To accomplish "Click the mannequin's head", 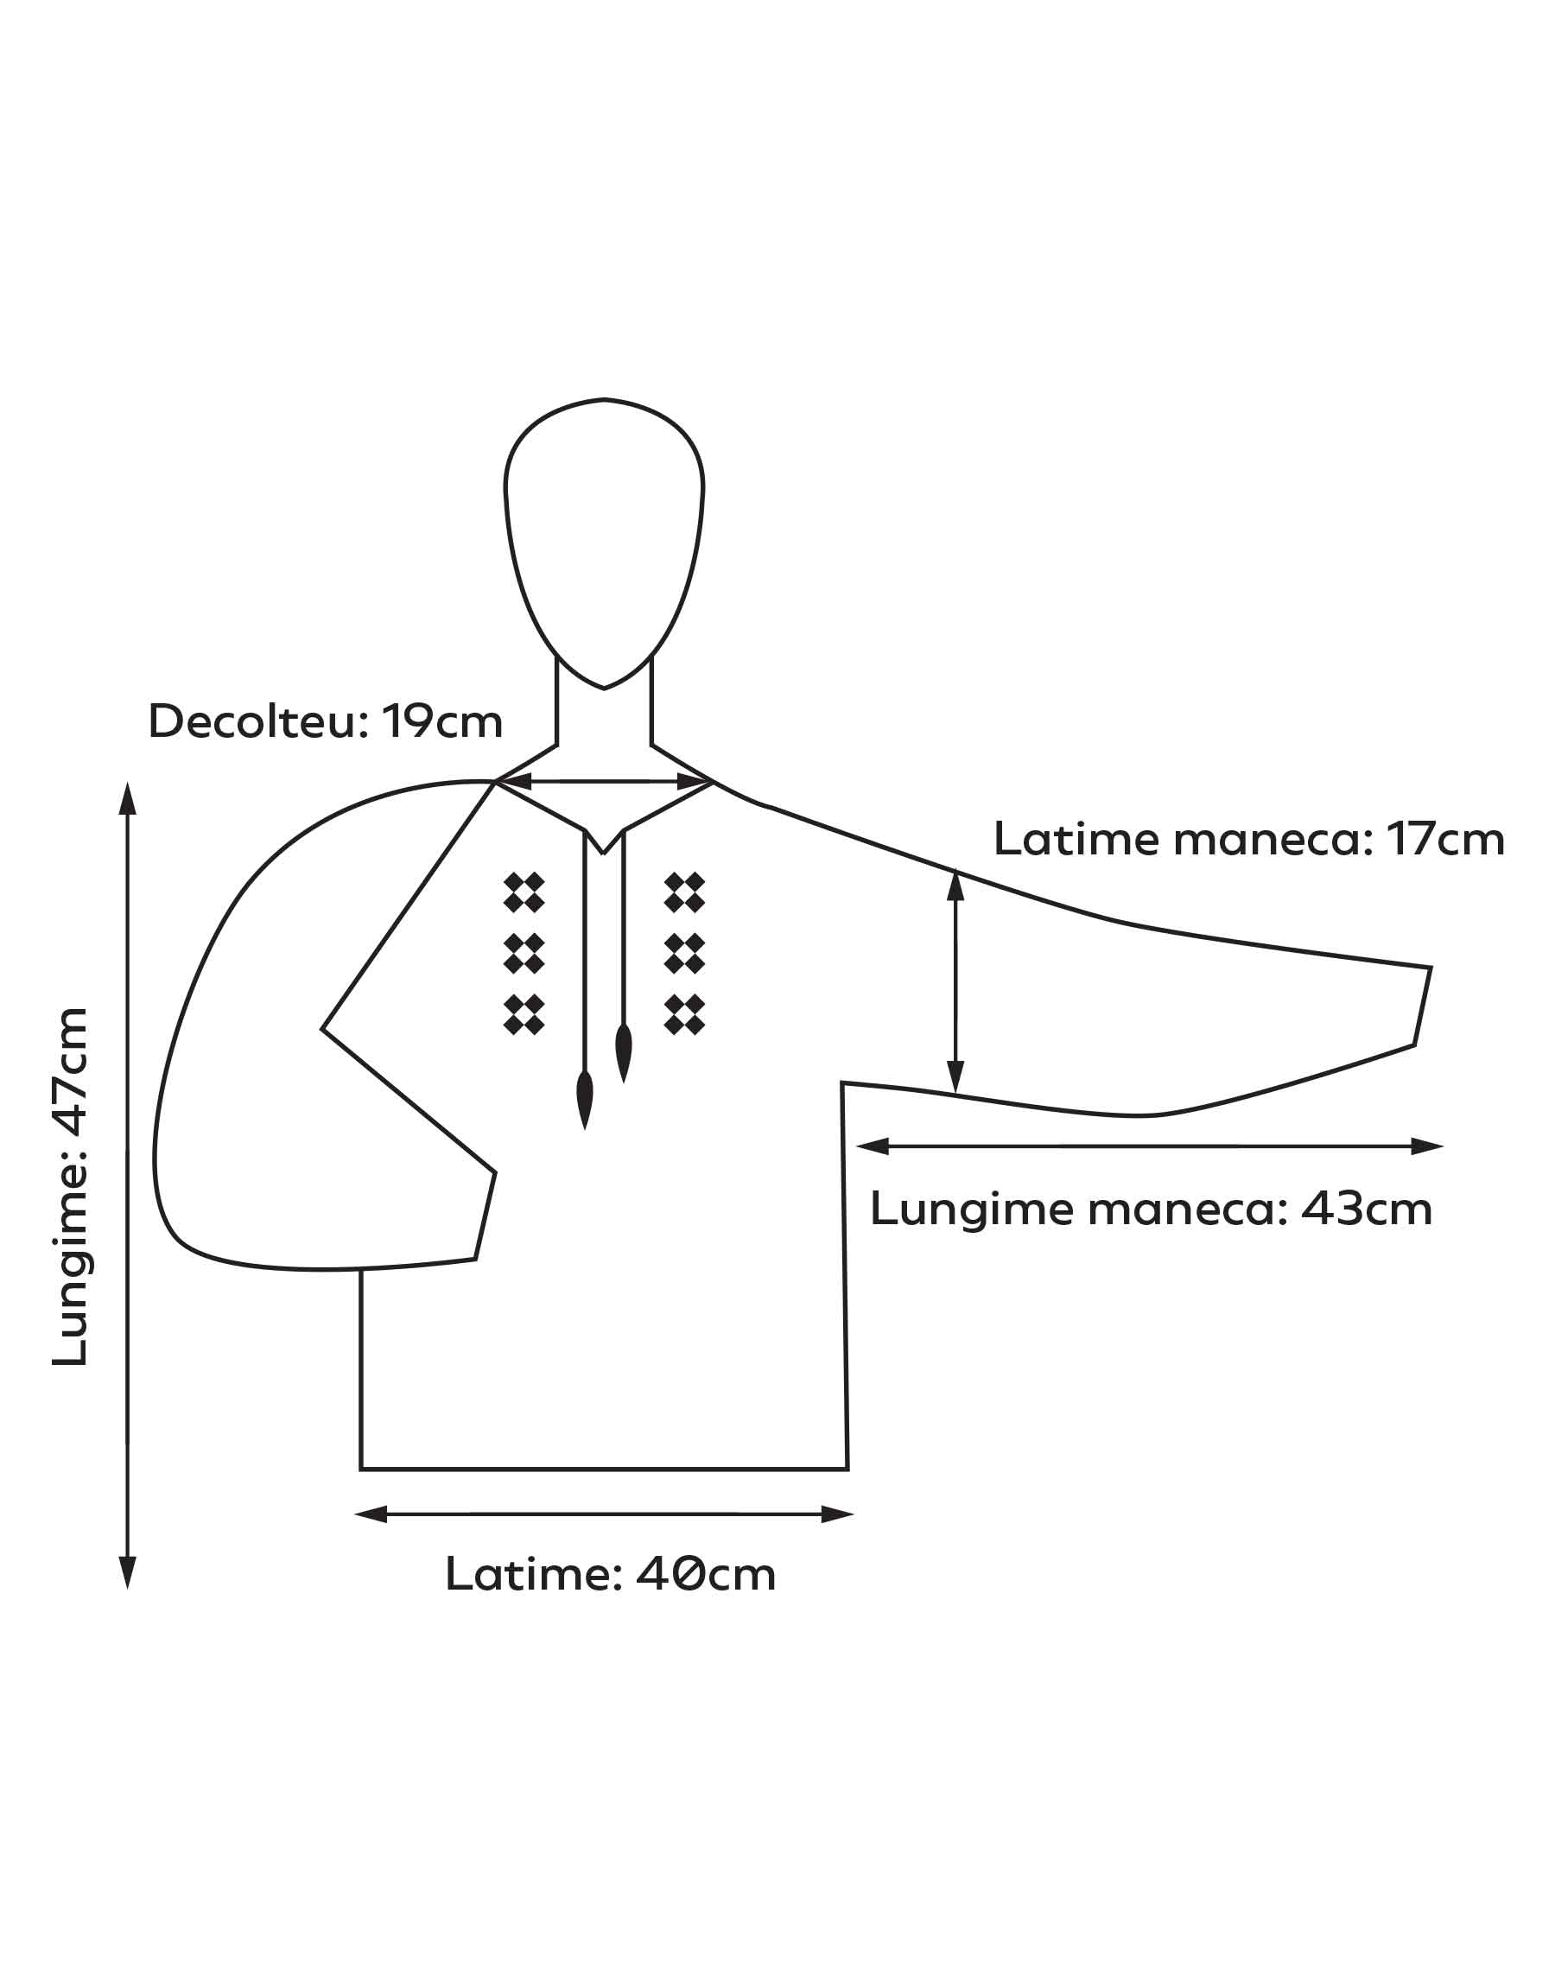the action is [x=604, y=543].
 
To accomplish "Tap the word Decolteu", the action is [x=258, y=722].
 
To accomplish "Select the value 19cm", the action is [x=442, y=722].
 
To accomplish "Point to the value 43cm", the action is [x=1367, y=1209].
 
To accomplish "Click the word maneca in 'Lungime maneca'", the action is [x=1188, y=1209].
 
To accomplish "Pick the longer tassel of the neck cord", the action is [x=585, y=1101].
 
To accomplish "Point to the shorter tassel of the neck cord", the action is [x=624, y=1053].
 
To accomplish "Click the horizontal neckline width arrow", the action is [x=605, y=781].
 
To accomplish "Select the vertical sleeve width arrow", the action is [x=955, y=982].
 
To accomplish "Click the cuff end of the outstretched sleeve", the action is [x=1423, y=1006].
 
